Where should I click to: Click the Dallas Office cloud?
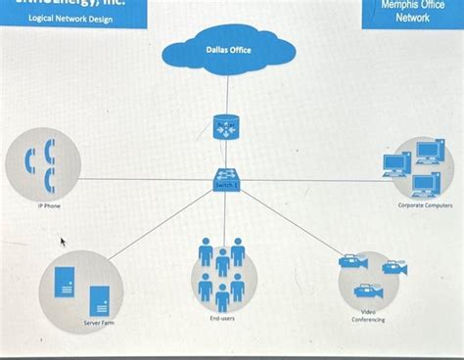(227, 52)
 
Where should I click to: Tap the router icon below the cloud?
(226, 127)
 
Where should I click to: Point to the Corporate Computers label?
(424, 206)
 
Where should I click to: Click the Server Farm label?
(98, 321)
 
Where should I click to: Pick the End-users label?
(221, 318)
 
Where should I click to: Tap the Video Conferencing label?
(368, 315)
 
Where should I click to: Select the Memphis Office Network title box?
(412, 12)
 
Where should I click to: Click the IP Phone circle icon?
(37, 160)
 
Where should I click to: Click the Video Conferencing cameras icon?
(370, 275)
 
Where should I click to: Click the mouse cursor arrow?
(64, 240)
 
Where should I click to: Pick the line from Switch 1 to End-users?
(225, 211)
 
